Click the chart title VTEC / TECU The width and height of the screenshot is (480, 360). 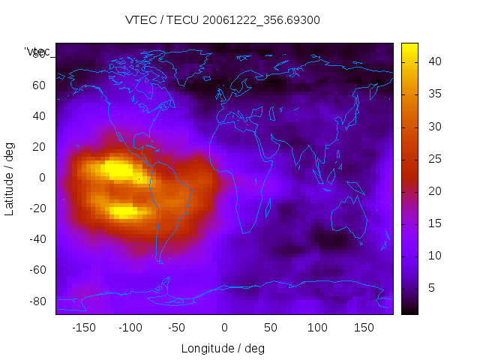tap(223, 20)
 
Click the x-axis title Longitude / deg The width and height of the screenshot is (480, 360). tap(223, 348)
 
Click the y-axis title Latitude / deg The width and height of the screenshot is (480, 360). tap(10, 178)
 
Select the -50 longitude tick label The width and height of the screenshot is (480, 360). tap(177, 327)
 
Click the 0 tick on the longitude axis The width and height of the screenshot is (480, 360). tap(224, 327)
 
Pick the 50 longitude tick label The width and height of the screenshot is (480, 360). tap(271, 327)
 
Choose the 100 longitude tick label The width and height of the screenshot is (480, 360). tap(318, 327)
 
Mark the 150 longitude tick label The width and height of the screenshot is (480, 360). tap(364, 327)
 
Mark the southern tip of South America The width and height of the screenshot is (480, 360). tap(160, 261)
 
